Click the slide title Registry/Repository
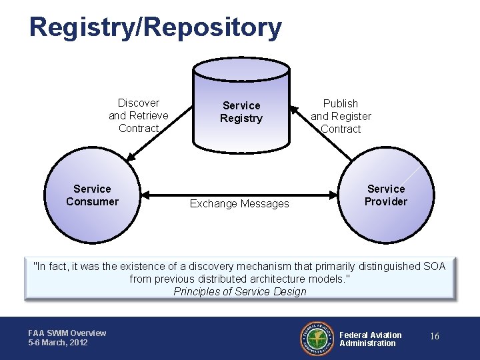(155, 28)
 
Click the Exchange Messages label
(239, 204)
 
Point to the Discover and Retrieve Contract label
(139, 115)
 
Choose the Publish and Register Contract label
(341, 116)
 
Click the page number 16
(434, 337)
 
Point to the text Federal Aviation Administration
(371, 339)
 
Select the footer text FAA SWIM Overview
(67, 333)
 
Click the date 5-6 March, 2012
(58, 343)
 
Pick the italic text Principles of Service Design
(239, 291)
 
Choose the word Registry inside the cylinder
(241, 119)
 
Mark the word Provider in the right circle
(385, 201)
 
